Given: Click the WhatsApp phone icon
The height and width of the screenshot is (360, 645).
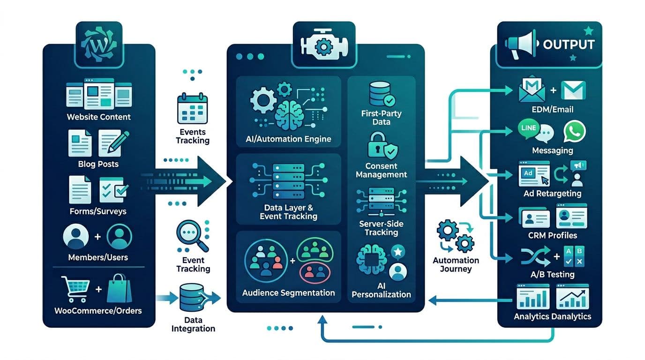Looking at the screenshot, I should pyautogui.click(x=574, y=132).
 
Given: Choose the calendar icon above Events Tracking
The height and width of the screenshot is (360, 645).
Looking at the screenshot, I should pyautogui.click(x=192, y=108).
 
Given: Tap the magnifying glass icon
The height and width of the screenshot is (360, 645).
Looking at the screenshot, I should pyautogui.click(x=192, y=236).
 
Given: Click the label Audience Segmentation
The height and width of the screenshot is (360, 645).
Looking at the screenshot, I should pyautogui.click(x=288, y=293).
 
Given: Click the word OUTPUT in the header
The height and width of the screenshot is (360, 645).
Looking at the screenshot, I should pyautogui.click(x=569, y=45).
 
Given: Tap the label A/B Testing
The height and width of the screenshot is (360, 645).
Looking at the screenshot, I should pyautogui.click(x=553, y=274).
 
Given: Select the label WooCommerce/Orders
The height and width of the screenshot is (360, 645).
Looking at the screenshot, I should pyautogui.click(x=98, y=310).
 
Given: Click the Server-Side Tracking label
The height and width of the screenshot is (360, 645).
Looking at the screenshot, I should pyautogui.click(x=381, y=228).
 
